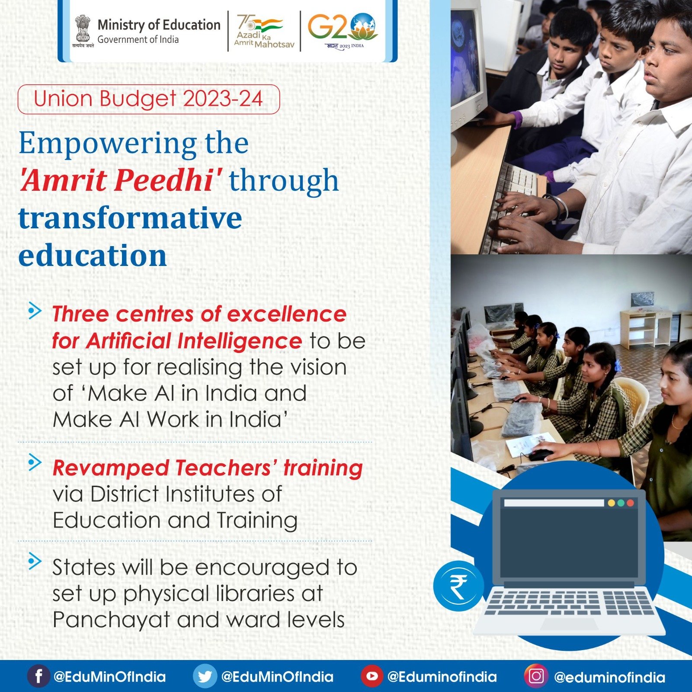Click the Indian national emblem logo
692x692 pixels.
pyautogui.click(x=83, y=30)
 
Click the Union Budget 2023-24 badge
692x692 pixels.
pyautogui.click(x=149, y=99)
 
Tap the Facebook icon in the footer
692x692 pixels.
pyautogui.click(x=38, y=676)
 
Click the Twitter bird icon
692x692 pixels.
pyautogui.click(x=205, y=676)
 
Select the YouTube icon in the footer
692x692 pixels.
pyautogui.click(x=372, y=676)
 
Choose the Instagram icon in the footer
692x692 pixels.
pyautogui.click(x=536, y=676)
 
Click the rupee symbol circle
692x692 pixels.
pyautogui.click(x=458, y=586)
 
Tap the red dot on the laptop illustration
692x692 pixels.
pyautogui.click(x=630, y=503)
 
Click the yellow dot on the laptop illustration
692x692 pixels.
pyautogui.click(x=611, y=503)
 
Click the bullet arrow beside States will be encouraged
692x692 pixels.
pyautogui.click(x=35, y=561)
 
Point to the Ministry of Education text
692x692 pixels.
pyautogui.click(x=159, y=25)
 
